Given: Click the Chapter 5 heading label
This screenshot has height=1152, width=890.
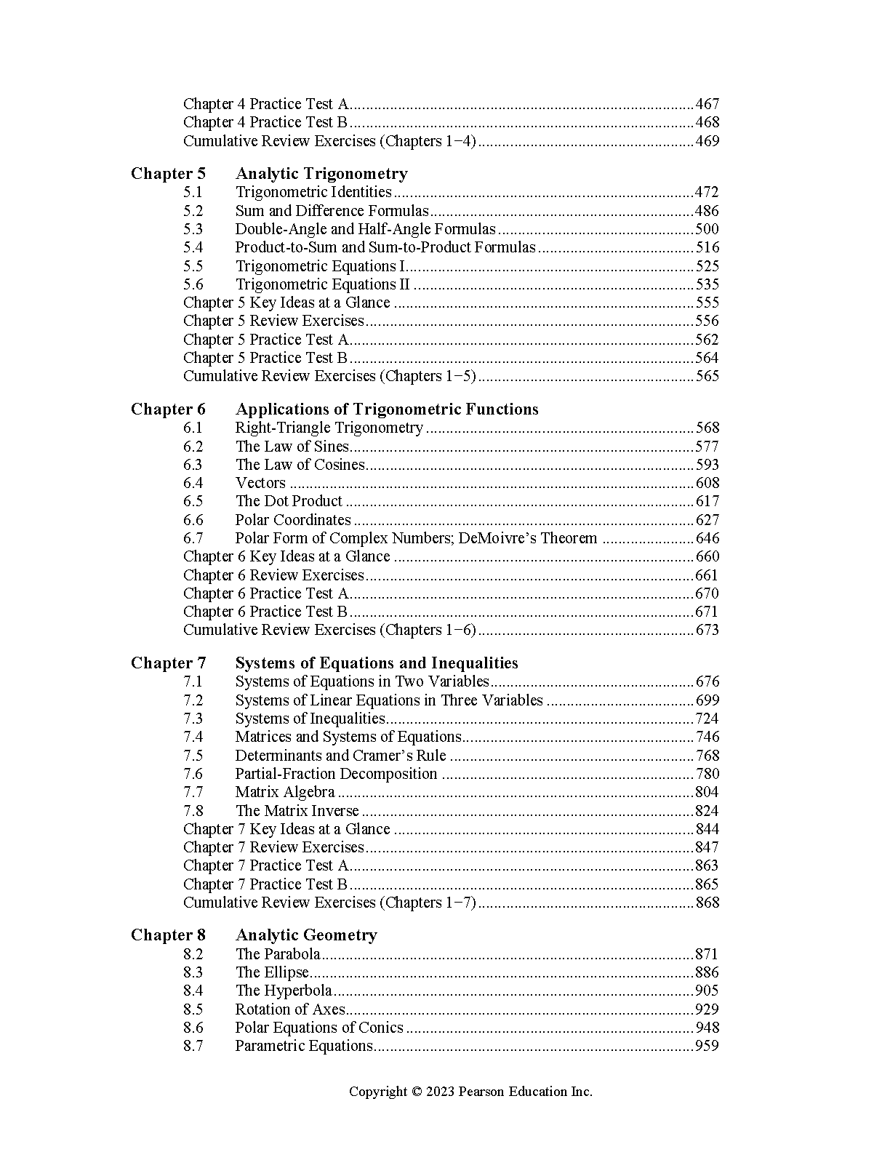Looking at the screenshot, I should (168, 174).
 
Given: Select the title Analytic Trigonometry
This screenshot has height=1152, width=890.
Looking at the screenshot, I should (321, 174).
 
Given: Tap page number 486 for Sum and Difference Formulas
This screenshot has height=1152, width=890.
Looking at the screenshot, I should (707, 211).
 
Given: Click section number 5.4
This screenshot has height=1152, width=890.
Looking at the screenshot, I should (193, 247).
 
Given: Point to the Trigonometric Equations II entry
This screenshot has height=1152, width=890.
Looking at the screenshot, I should (322, 284).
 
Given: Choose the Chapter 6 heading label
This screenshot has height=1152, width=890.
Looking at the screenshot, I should (168, 409).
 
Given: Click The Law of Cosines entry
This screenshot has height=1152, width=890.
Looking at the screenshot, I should (300, 465).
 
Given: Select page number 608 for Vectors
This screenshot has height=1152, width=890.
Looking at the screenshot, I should (707, 483).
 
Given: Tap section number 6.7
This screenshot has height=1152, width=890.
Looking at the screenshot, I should (193, 538).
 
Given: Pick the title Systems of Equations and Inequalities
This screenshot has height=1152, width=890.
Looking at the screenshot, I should (377, 663).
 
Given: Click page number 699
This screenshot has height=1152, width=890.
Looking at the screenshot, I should (707, 700).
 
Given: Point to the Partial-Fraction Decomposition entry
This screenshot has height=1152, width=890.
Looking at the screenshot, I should (336, 774).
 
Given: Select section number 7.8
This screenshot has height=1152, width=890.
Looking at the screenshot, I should (193, 811).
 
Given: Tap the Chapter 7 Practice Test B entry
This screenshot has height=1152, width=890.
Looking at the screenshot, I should (265, 884).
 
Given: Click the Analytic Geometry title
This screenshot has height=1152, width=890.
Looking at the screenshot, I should (306, 935).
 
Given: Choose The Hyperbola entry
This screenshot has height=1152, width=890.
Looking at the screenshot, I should (284, 991).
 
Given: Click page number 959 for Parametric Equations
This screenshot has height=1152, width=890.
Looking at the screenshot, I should (707, 1046).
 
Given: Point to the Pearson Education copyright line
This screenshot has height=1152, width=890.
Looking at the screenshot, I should (470, 1091).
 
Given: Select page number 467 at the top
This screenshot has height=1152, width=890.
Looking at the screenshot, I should (707, 104).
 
